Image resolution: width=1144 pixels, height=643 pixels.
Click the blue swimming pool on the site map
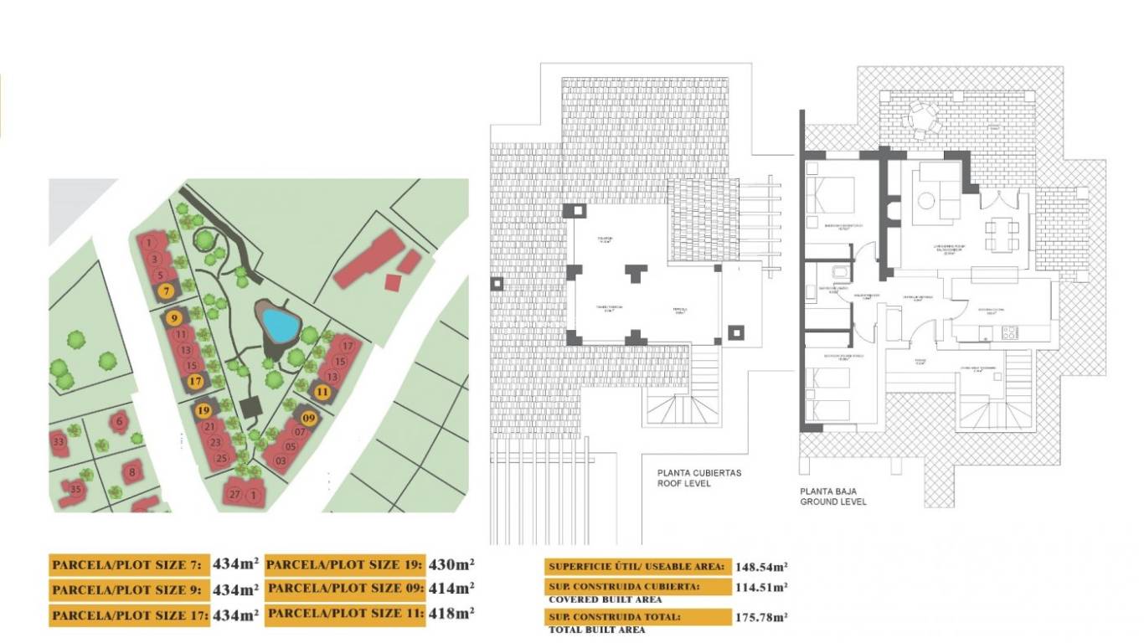pyautogui.click(x=278, y=323)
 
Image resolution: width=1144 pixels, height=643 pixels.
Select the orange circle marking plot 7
pyautogui.click(x=167, y=291)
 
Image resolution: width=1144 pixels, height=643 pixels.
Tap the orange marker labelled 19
pyautogui.click(x=204, y=410)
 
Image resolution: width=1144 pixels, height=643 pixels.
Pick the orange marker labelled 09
pyautogui.click(x=309, y=418)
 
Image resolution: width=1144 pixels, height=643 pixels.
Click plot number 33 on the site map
pyautogui.click(x=59, y=442)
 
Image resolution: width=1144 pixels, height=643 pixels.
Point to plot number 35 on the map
pyautogui.click(x=75, y=490)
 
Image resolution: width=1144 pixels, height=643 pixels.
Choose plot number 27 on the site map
pyautogui.click(x=235, y=495)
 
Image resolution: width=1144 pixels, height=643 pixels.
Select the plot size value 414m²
pyautogui.click(x=451, y=588)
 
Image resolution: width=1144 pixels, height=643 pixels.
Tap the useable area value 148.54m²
pyautogui.click(x=760, y=567)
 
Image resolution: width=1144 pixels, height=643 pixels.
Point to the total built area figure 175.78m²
pyautogui.click(x=760, y=617)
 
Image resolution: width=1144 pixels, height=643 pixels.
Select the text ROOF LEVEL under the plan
pyautogui.click(x=684, y=483)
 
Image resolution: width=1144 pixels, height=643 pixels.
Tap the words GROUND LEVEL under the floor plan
pyautogui.click(x=832, y=502)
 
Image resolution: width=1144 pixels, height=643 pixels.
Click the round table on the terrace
pyautogui.click(x=921, y=117)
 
